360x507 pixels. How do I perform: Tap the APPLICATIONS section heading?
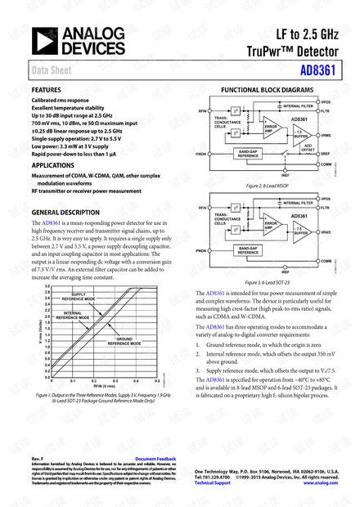[52, 164]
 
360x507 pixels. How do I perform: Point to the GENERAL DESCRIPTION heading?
[65, 212]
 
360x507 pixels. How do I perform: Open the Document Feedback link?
[155, 460]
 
